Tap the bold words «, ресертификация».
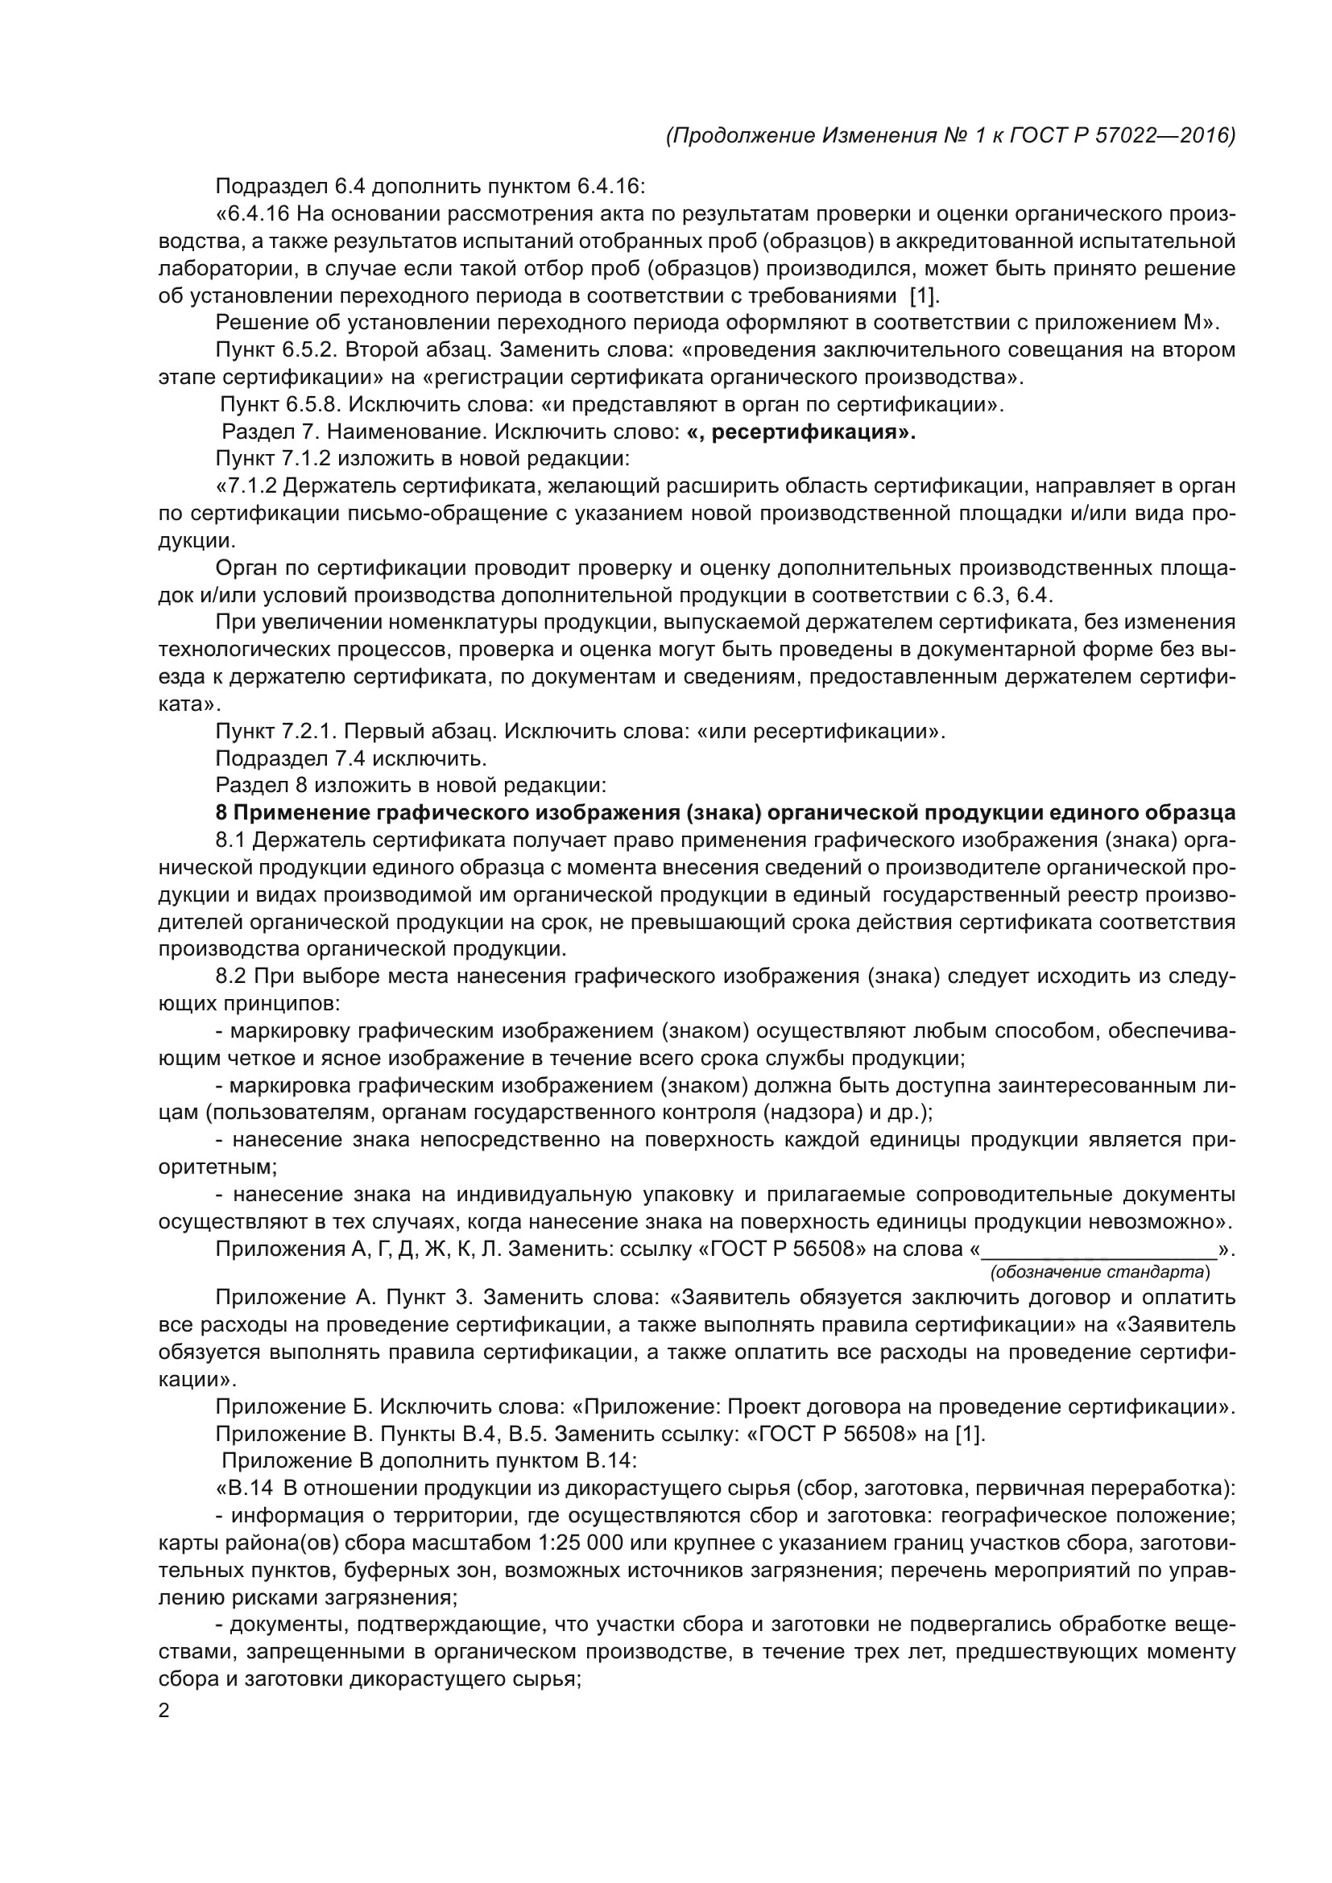801,432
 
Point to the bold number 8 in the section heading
221,813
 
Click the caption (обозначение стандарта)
1099,1272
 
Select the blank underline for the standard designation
1099,1253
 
